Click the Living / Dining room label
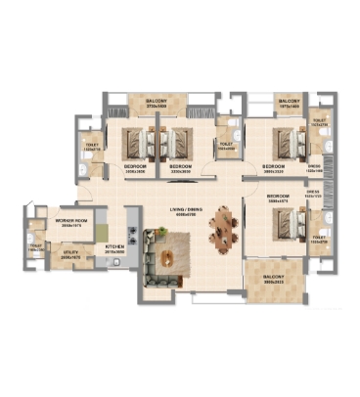coord(180,211)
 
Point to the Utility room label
coord(71,252)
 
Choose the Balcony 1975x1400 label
coord(288,102)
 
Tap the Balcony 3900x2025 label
coord(274,279)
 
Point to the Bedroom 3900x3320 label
coord(273,167)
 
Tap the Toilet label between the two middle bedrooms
coord(226,147)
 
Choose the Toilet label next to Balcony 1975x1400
coord(319,123)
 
